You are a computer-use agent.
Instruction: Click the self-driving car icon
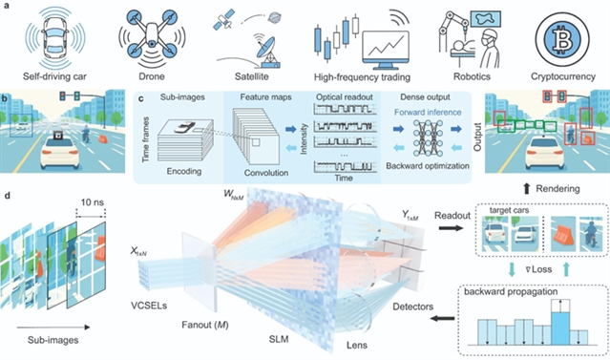(x=54, y=38)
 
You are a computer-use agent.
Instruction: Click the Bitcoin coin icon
(x=563, y=40)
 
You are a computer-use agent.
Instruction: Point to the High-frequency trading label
(x=362, y=77)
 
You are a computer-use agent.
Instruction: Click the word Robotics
(x=472, y=76)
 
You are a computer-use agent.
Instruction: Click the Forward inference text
(x=428, y=112)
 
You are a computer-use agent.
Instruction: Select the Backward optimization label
(x=428, y=166)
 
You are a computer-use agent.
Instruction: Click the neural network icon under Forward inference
(x=427, y=138)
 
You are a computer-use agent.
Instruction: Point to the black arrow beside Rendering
(x=527, y=189)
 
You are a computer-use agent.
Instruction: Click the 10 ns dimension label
(x=93, y=202)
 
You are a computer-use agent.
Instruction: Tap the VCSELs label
(x=149, y=306)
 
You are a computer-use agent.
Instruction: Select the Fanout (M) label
(x=205, y=325)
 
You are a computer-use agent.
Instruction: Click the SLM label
(x=279, y=339)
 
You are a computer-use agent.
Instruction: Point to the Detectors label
(x=412, y=307)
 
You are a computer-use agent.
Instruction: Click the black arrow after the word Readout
(x=451, y=227)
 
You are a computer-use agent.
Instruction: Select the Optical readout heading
(x=345, y=97)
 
